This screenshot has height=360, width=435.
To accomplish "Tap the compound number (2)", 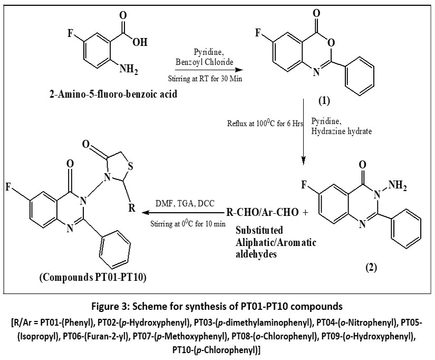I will pyautogui.click(x=372, y=267).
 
